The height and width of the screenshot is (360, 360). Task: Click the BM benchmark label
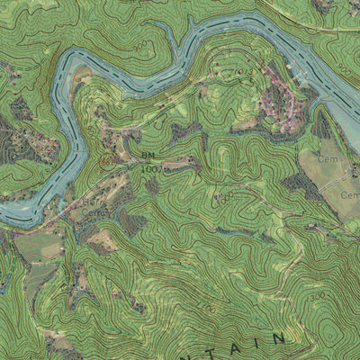click(148, 156)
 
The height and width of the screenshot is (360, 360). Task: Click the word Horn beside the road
click(94, 203)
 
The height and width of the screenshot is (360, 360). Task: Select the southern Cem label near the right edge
click(349, 193)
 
